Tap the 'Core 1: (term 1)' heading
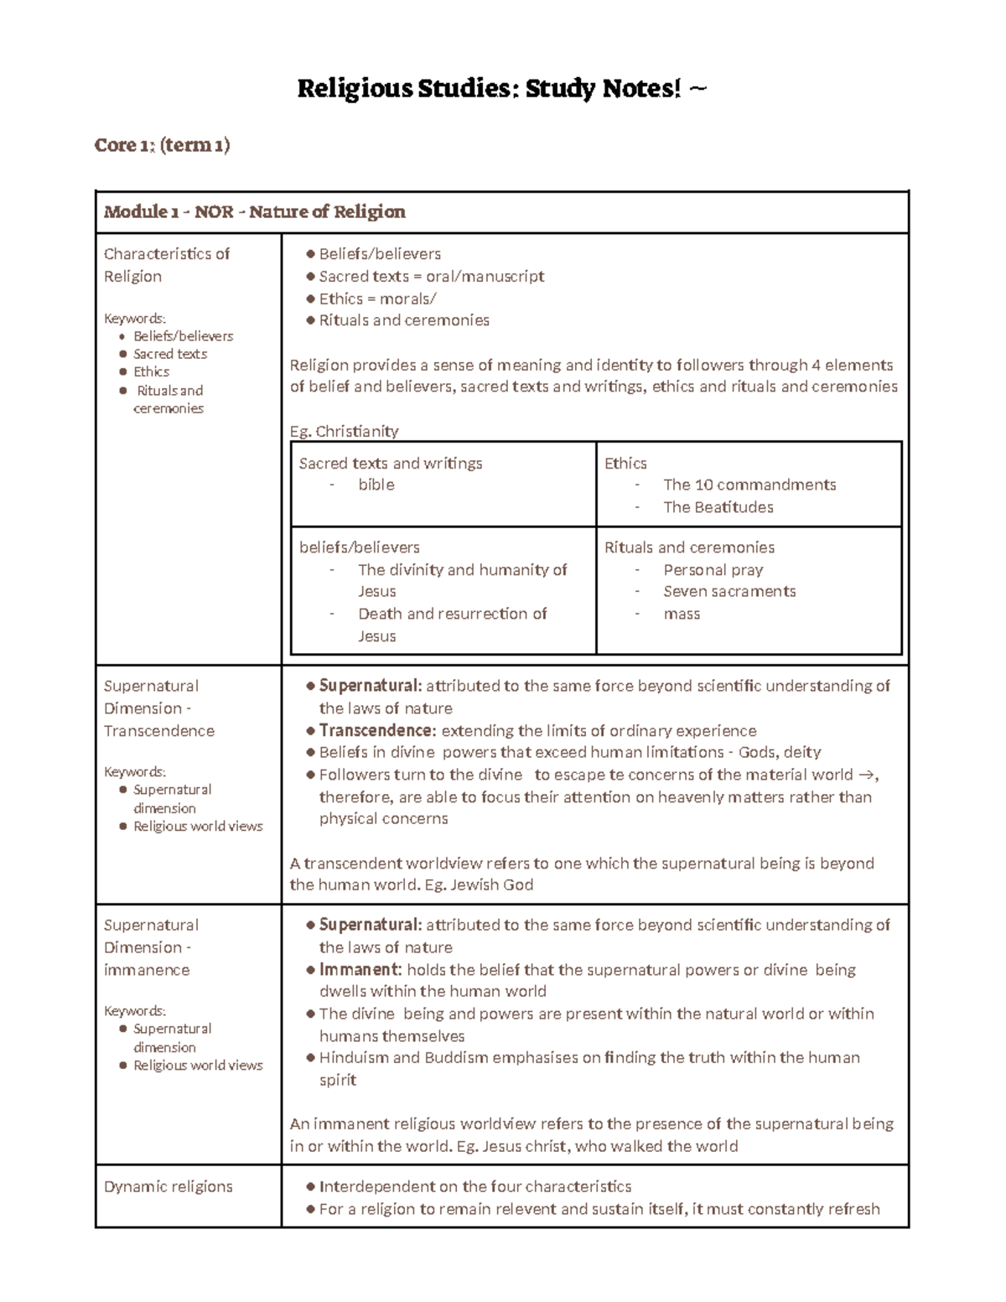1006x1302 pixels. pos(162,145)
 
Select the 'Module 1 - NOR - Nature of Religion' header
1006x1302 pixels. pos(254,211)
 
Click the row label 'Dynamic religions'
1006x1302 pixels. pos(168,1186)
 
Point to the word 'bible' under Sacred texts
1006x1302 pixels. pos(376,485)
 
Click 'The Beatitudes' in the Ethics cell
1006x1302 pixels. pos(718,507)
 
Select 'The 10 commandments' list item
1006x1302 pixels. pos(749,485)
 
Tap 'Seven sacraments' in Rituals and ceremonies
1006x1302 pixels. pos(729,591)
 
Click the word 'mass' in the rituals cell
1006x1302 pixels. pos(681,614)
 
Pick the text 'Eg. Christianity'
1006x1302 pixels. pos(344,431)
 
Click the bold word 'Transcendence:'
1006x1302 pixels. pos(377,730)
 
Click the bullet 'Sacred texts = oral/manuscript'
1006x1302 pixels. pos(431,276)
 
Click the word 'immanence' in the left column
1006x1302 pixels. pos(147,969)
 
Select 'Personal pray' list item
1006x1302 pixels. pos(713,569)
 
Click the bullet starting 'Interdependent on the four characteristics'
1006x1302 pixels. pos(474,1186)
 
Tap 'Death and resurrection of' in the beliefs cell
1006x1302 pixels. pos(452,614)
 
